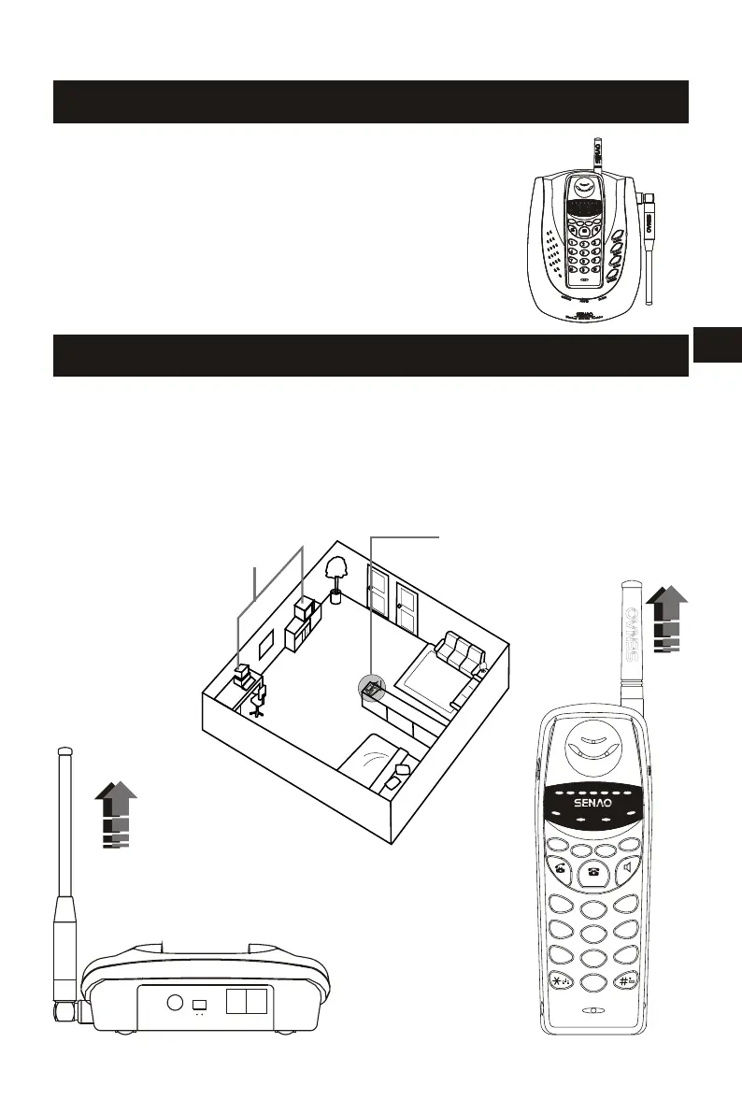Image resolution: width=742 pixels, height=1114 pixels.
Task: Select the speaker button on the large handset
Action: coord(630,868)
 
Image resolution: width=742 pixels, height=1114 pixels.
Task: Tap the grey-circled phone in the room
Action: coord(372,691)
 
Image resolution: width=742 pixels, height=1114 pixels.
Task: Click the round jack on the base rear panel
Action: coord(173,1004)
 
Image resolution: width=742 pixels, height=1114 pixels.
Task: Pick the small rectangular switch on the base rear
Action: coord(199,1005)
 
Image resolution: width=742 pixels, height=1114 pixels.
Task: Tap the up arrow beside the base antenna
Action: coord(117,814)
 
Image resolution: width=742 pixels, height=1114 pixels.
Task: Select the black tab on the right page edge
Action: coord(718,343)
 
